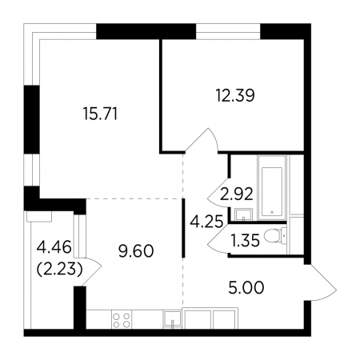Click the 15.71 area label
100,114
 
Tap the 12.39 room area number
235,95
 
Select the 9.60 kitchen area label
136,251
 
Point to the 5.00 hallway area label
246,287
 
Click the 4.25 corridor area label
206,222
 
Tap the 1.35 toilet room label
246,241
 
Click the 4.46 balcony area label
54,247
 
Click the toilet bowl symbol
274,235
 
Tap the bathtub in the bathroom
272,188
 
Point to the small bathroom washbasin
243,214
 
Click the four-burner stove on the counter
122,320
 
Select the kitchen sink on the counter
172,318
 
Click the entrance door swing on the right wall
322,282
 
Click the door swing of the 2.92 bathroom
218,193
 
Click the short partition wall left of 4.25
183,228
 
